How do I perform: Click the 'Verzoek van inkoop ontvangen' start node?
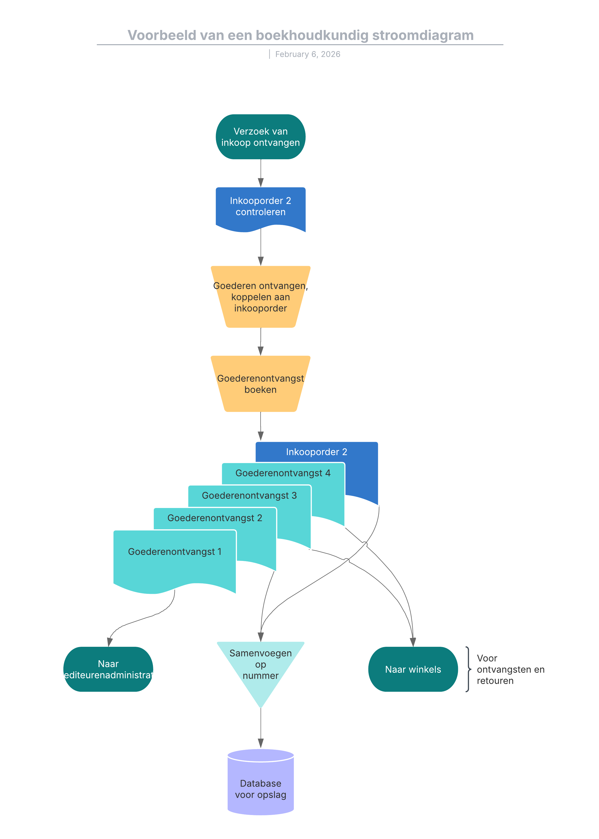click(260, 137)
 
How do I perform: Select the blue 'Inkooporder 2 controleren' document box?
click(260, 207)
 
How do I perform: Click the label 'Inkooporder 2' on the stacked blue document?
click(316, 452)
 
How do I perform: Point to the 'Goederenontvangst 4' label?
click(283, 473)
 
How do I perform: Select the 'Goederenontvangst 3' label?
click(249, 496)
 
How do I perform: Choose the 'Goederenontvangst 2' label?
click(215, 518)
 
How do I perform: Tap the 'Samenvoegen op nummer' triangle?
click(260, 666)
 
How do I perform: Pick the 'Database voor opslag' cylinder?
click(260, 784)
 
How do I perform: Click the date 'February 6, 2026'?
click(308, 54)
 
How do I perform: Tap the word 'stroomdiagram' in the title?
click(423, 35)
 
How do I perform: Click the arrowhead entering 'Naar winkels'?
click(413, 642)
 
